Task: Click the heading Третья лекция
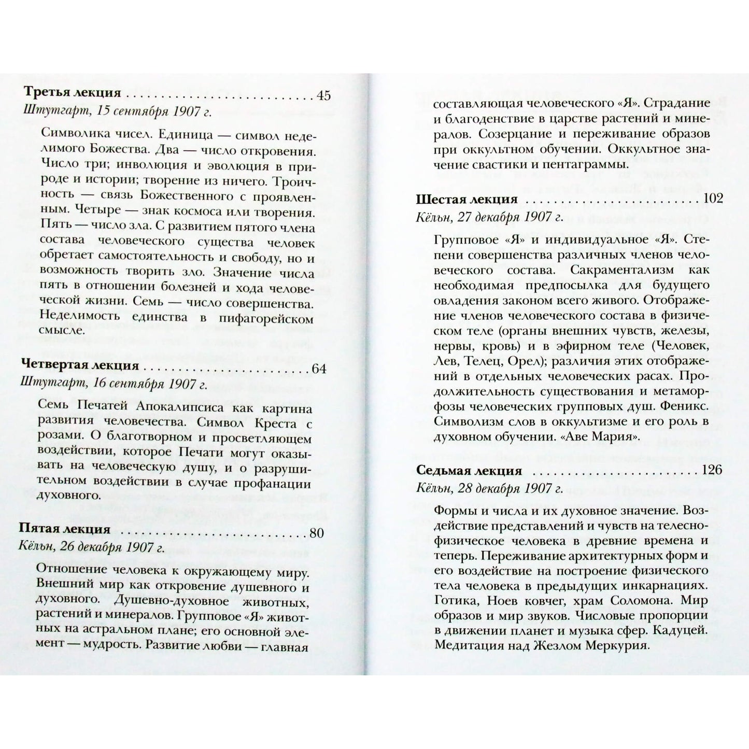72,94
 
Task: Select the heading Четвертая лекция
81,365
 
